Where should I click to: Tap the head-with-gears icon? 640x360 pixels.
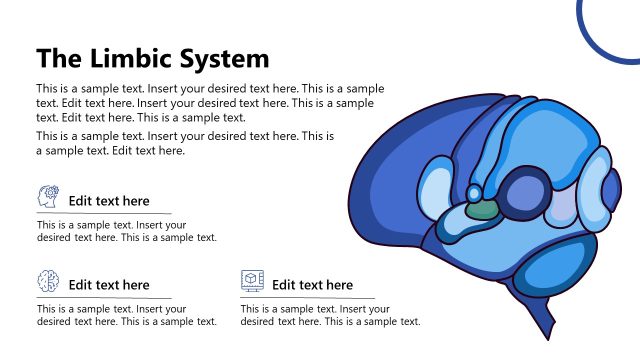click(48, 196)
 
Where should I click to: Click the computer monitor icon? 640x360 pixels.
click(252, 280)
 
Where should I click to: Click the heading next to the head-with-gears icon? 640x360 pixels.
click(109, 201)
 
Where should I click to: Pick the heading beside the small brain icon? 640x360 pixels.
click(109, 285)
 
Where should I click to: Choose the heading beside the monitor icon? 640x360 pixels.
click(312, 285)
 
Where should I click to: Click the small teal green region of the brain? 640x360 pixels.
click(482, 210)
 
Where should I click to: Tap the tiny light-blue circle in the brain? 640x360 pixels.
click(474, 193)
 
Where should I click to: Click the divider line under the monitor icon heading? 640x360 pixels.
click(308, 298)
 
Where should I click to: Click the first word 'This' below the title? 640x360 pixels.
click(48, 88)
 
